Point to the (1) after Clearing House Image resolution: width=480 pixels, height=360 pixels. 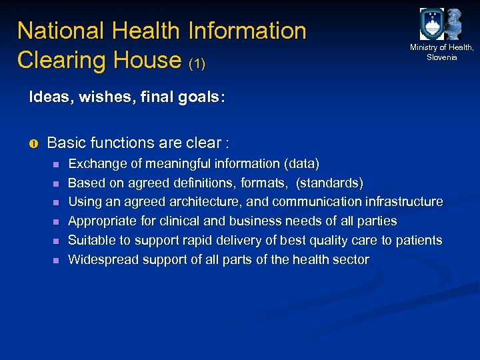pos(197,64)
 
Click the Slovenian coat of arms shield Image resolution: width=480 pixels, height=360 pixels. pos(431,24)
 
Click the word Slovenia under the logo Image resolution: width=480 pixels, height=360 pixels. pos(442,57)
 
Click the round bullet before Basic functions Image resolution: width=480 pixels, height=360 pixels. pos(34,143)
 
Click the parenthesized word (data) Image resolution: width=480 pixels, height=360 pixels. pos(302,163)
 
